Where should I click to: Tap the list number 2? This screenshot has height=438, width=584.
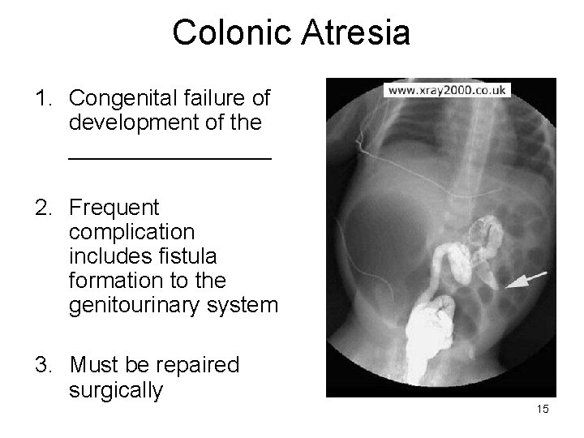[x=41, y=208]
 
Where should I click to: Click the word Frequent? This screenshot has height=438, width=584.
[x=114, y=208]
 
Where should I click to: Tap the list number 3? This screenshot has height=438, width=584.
[x=41, y=366]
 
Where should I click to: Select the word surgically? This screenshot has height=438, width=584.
[x=116, y=391]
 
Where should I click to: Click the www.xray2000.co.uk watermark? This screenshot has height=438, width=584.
[x=448, y=90]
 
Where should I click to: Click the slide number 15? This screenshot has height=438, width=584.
[x=542, y=409]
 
